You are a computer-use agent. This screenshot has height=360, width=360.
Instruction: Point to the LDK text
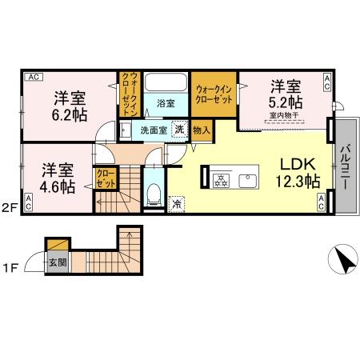296,162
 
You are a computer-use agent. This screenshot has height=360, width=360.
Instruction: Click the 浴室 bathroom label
166,103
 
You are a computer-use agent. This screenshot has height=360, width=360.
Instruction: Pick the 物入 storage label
202,129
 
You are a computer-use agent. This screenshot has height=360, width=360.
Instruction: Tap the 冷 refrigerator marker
177,203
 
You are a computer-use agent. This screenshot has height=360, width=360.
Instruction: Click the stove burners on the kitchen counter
221,177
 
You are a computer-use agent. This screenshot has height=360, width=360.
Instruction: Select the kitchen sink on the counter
246,177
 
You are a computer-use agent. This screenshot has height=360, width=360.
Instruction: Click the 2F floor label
9,210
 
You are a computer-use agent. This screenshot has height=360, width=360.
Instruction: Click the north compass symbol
341,259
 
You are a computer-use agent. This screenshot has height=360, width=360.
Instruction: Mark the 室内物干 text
284,115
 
